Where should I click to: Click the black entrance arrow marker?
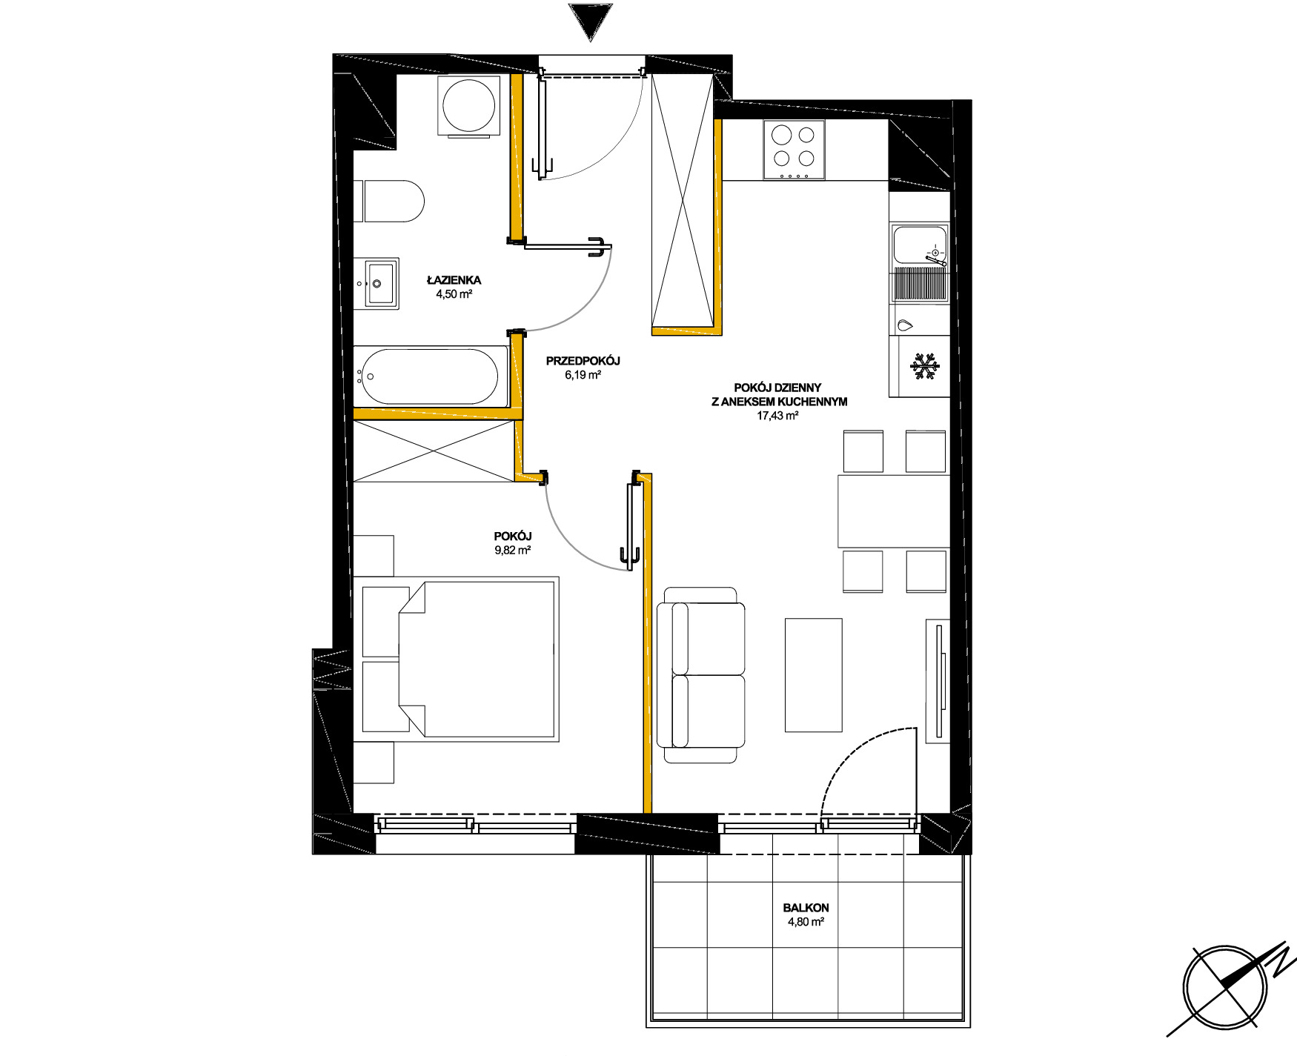(590, 21)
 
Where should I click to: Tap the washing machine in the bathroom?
(469, 105)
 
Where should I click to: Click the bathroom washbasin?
(377, 283)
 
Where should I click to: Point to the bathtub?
(431, 376)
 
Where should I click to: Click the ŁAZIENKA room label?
(454, 280)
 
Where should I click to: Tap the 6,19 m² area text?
(583, 375)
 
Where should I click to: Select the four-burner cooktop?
(795, 150)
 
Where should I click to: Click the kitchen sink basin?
(920, 245)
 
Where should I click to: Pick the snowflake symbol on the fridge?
(925, 367)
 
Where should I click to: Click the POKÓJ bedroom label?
(513, 536)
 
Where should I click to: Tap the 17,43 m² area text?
(777, 416)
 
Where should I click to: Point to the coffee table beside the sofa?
(813, 675)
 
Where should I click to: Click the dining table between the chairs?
(894, 511)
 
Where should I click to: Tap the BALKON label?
(806, 908)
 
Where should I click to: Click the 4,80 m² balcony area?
(806, 922)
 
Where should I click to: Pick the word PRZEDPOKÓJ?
(583, 361)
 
